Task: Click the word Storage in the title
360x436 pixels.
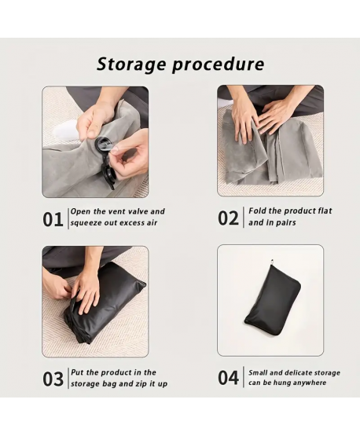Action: pyautogui.click(x=130, y=64)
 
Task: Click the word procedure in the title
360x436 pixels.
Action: pyautogui.click(x=218, y=65)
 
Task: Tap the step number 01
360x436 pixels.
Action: pyautogui.click(x=53, y=220)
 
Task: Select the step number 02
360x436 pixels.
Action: pyautogui.click(x=228, y=218)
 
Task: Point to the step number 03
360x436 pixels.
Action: pyautogui.click(x=53, y=379)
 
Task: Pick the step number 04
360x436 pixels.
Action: pyautogui.click(x=228, y=378)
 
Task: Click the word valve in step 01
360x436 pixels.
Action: pyautogui.click(x=135, y=211)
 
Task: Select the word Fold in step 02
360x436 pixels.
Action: pyautogui.click(x=255, y=211)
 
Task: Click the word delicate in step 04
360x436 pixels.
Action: pyautogui.click(x=298, y=372)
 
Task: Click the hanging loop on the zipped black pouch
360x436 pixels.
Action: pyautogui.click(x=272, y=262)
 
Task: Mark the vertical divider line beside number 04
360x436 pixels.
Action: pyautogui.click(x=244, y=377)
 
